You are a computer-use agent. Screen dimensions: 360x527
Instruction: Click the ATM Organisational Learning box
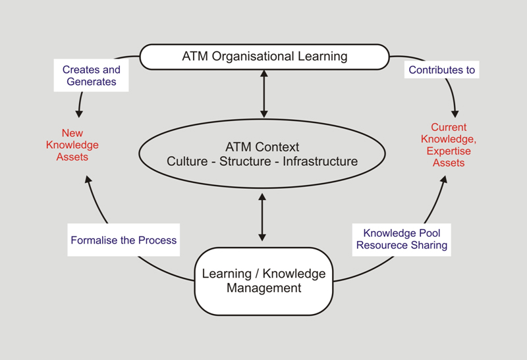pyautogui.click(x=264, y=57)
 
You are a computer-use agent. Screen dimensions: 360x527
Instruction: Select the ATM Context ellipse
pyautogui.click(x=262, y=153)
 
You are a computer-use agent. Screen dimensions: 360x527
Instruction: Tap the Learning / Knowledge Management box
pyautogui.click(x=263, y=280)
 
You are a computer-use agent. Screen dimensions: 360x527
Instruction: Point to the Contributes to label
pyautogui.click(x=441, y=70)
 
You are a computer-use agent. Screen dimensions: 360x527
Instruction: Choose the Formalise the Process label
pyautogui.click(x=124, y=240)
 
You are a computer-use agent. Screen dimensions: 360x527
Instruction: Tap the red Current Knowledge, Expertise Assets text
pyautogui.click(x=449, y=145)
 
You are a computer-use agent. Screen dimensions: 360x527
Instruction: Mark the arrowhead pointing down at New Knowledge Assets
pyautogui.click(x=80, y=113)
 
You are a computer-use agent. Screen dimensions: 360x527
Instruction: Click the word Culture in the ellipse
pyautogui.click(x=187, y=161)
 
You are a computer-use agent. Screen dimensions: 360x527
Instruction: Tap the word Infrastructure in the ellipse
pyautogui.click(x=320, y=161)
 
